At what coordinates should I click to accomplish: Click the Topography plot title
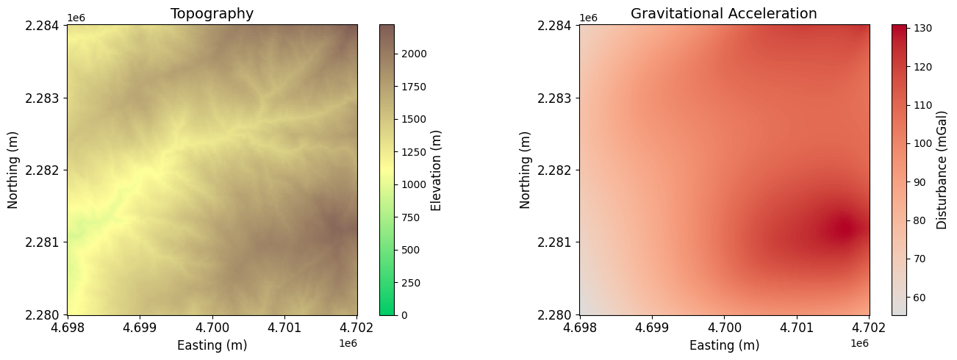point(212,13)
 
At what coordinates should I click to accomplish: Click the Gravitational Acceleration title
point(723,13)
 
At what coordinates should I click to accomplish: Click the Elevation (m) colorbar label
point(437,170)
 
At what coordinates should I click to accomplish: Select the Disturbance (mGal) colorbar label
point(942,170)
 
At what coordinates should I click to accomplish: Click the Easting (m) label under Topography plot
point(212,345)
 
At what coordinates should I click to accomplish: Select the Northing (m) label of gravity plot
point(525,170)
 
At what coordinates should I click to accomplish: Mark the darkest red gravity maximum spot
point(842,227)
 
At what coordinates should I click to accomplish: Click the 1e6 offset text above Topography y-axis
point(76,18)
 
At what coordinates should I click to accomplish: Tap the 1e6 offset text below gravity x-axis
point(859,342)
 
